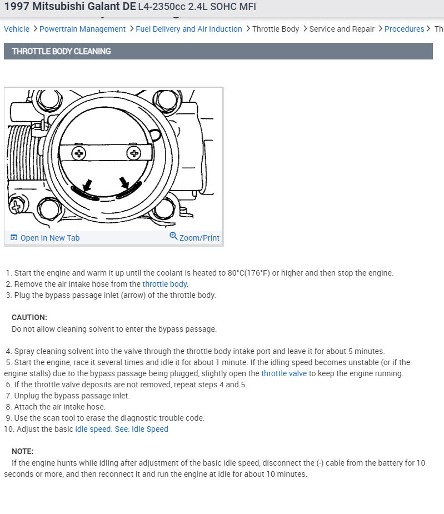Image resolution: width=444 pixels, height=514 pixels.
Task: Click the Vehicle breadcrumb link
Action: [x=17, y=29]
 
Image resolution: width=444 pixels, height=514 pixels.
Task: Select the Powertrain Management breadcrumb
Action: [x=82, y=29]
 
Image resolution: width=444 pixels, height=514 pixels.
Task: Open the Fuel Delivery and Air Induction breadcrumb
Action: [x=189, y=29]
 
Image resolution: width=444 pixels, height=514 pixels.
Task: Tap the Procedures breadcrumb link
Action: [x=404, y=29]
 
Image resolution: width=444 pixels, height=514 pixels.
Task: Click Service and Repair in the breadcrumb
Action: [x=342, y=29]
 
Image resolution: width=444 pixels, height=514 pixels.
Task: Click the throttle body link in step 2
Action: [x=165, y=284]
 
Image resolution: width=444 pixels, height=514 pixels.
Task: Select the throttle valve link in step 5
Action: [x=284, y=373]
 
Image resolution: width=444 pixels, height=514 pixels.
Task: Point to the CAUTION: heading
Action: [x=29, y=317]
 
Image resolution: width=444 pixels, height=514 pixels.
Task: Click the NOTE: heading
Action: [x=22, y=451]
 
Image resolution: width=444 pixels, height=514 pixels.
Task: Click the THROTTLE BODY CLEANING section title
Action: [x=61, y=51]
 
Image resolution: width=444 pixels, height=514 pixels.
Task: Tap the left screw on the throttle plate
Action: [x=79, y=153]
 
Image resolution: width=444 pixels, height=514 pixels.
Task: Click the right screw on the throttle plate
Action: [x=133, y=152]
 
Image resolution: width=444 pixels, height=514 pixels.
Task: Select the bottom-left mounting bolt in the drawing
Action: [x=50, y=209]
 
